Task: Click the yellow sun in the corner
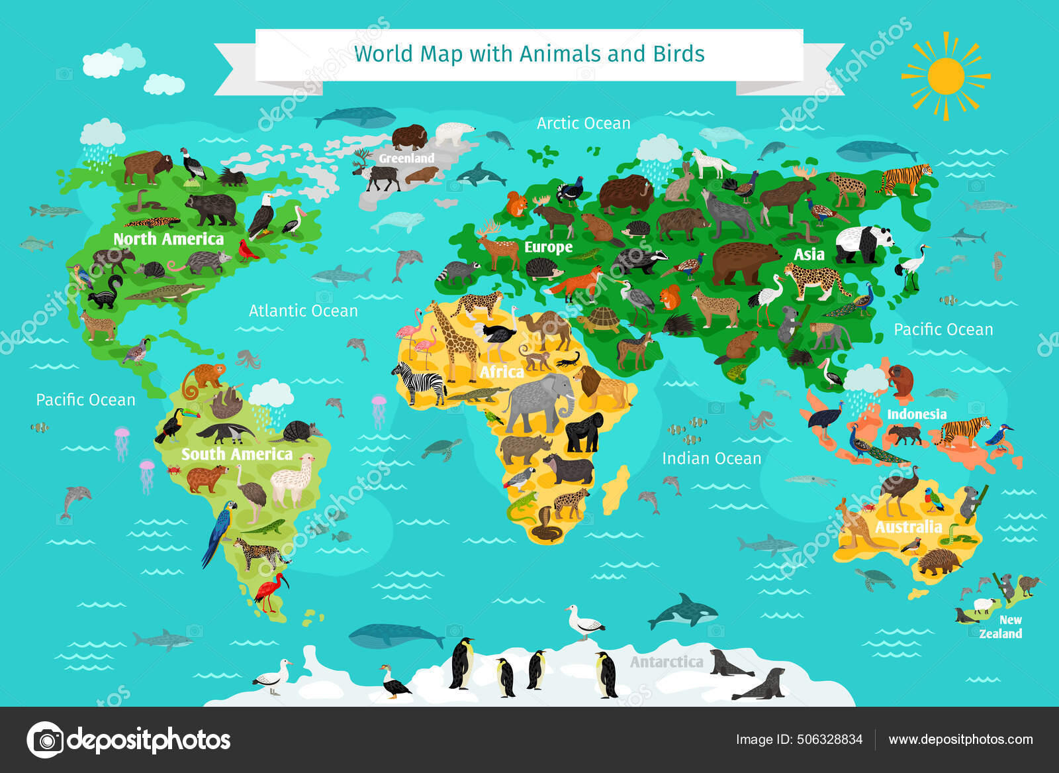[945, 76]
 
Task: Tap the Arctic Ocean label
[583, 123]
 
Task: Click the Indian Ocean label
[712, 458]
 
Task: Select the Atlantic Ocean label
[303, 311]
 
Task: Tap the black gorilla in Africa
[584, 433]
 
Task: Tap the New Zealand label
[1001, 627]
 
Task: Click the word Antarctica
[666, 662]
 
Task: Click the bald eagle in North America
[262, 215]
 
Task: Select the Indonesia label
[916, 415]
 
